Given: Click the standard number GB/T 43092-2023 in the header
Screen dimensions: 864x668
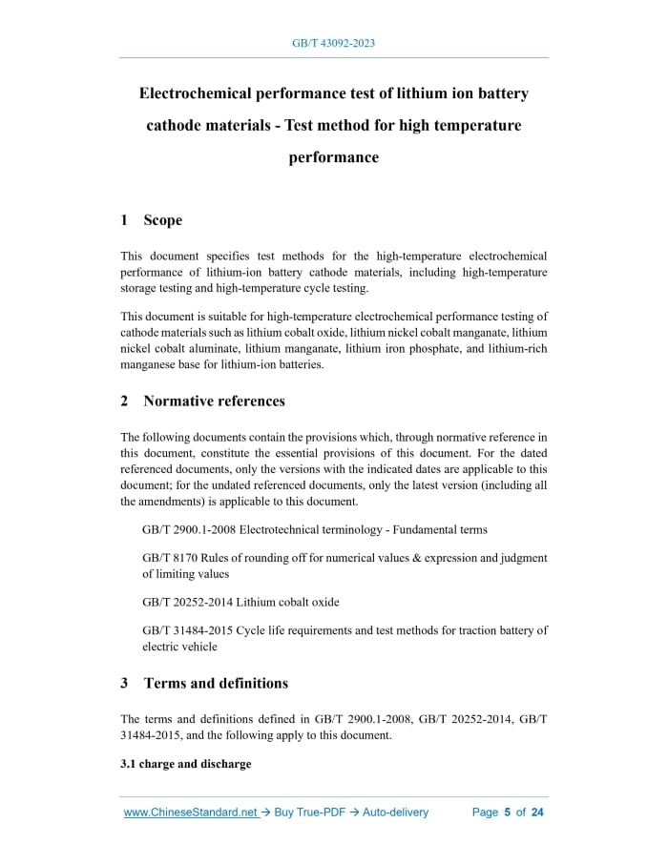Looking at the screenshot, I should tap(333, 44).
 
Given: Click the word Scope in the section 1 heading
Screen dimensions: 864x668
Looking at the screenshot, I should tap(162, 220).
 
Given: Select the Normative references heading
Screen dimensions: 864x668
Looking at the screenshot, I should tap(214, 401).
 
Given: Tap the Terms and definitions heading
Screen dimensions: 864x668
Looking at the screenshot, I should tap(216, 684).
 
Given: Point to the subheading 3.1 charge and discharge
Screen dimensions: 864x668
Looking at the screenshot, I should tap(186, 764).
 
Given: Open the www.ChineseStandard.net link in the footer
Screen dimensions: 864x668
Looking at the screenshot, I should tap(191, 813).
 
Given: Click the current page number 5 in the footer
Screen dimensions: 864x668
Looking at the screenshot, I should tap(508, 813).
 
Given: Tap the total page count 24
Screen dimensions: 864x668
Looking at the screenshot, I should tap(537, 813).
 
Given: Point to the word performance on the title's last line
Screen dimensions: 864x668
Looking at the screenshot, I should tap(333, 157).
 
